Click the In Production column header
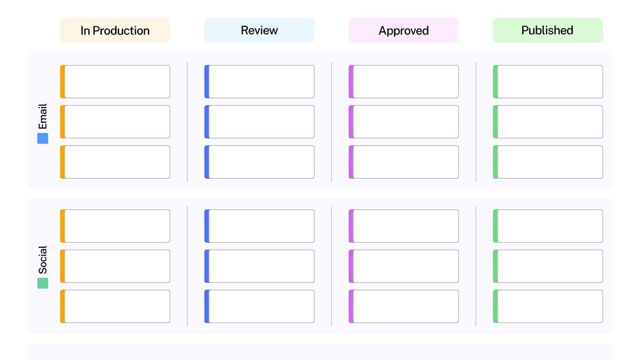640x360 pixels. point(115,30)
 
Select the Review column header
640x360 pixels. point(259,30)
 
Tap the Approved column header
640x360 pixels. point(404,30)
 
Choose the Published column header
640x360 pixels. point(548,30)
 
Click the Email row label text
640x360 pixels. point(42,117)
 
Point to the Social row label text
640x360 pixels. point(42,259)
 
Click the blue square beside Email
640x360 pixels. point(42,138)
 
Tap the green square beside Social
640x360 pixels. point(42,283)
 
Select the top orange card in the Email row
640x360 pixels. point(115,81)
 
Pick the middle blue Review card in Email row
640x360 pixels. point(259,122)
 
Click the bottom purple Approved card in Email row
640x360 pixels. point(404,162)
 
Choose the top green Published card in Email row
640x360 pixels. point(548,81)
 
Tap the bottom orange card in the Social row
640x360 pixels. point(115,306)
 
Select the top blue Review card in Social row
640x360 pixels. point(259,226)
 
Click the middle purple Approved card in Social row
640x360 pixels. point(404,266)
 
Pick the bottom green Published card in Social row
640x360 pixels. point(548,306)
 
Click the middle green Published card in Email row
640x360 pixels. point(548,122)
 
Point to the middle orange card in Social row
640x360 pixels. point(115,266)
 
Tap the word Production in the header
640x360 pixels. point(121,31)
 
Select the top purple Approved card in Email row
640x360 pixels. point(404,81)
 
